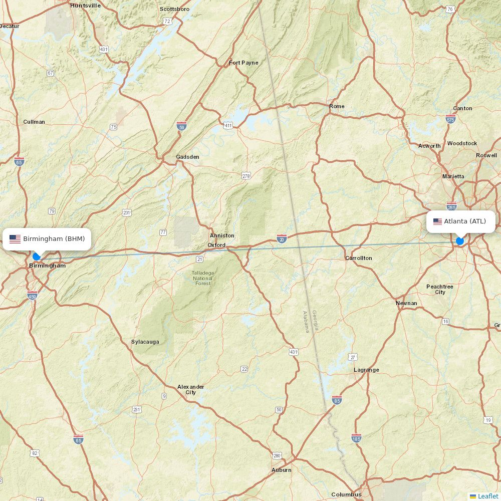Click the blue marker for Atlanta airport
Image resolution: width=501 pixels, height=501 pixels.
click(x=460, y=241)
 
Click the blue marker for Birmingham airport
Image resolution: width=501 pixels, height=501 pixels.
click(x=36, y=256)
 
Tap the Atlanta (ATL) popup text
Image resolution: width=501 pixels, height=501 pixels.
click(x=465, y=221)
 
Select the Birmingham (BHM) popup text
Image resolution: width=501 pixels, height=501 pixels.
click(x=54, y=239)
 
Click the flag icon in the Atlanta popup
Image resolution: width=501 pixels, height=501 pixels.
click(x=437, y=221)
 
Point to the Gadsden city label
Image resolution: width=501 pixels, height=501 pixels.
click(x=187, y=157)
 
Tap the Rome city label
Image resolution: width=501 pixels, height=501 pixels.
click(x=337, y=106)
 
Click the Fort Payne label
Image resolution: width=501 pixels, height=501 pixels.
click(x=243, y=63)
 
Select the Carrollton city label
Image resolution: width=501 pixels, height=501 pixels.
click(x=359, y=258)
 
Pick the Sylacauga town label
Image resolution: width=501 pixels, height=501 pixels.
click(x=145, y=342)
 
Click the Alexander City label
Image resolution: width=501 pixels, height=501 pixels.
click(x=191, y=389)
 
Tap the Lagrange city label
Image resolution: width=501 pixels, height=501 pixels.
click(x=366, y=370)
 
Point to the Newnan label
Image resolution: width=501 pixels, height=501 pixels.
click(x=406, y=303)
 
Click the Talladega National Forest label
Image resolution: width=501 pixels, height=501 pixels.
click(x=202, y=278)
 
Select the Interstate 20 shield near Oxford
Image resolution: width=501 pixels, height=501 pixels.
click(x=282, y=239)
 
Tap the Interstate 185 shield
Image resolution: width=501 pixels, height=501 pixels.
click(x=357, y=438)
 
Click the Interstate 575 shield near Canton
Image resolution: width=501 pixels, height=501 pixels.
click(x=450, y=119)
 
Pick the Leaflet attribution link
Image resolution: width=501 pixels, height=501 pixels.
click(x=487, y=496)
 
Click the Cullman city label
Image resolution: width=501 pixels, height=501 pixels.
click(x=34, y=122)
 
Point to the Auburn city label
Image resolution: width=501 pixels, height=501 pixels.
click(x=281, y=470)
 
